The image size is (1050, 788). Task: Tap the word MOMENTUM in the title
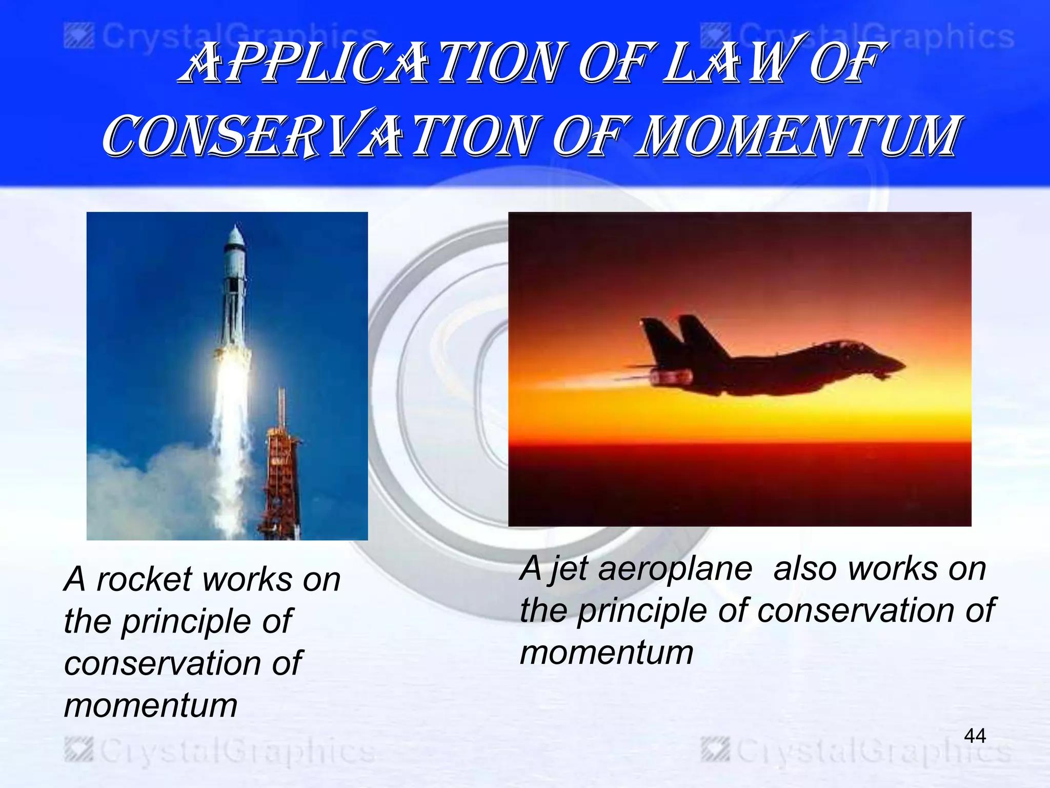coord(797,136)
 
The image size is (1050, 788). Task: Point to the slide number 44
coord(975,736)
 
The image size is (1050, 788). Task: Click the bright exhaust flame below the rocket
coord(232,390)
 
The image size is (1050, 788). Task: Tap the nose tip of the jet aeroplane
coord(903,365)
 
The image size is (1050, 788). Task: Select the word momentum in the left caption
coord(151,705)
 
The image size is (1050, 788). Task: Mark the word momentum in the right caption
coord(607,653)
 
